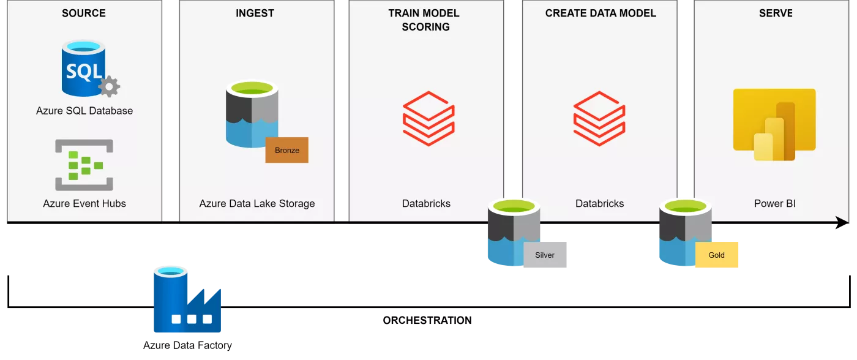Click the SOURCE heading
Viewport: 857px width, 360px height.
click(x=84, y=13)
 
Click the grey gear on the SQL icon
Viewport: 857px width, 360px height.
click(x=109, y=87)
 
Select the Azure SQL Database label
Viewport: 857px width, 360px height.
click(x=84, y=111)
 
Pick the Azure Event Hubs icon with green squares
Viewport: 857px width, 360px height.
click(x=84, y=165)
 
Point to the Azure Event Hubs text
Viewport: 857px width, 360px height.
click(x=84, y=203)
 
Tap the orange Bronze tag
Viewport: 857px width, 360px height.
click(x=286, y=150)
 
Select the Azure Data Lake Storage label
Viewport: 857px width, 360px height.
click(x=257, y=203)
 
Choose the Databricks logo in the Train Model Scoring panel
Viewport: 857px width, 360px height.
click(x=428, y=118)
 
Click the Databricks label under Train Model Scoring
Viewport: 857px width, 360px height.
click(x=426, y=203)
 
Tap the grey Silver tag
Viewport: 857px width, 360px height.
click(x=545, y=255)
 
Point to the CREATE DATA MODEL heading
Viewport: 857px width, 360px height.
click(x=601, y=13)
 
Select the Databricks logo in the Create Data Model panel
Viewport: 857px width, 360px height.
click(x=599, y=118)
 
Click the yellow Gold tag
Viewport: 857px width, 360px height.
click(x=717, y=255)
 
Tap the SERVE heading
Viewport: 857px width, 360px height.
click(x=775, y=13)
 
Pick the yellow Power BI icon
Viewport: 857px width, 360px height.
click(x=774, y=124)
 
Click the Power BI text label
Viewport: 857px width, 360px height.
click(x=775, y=203)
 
